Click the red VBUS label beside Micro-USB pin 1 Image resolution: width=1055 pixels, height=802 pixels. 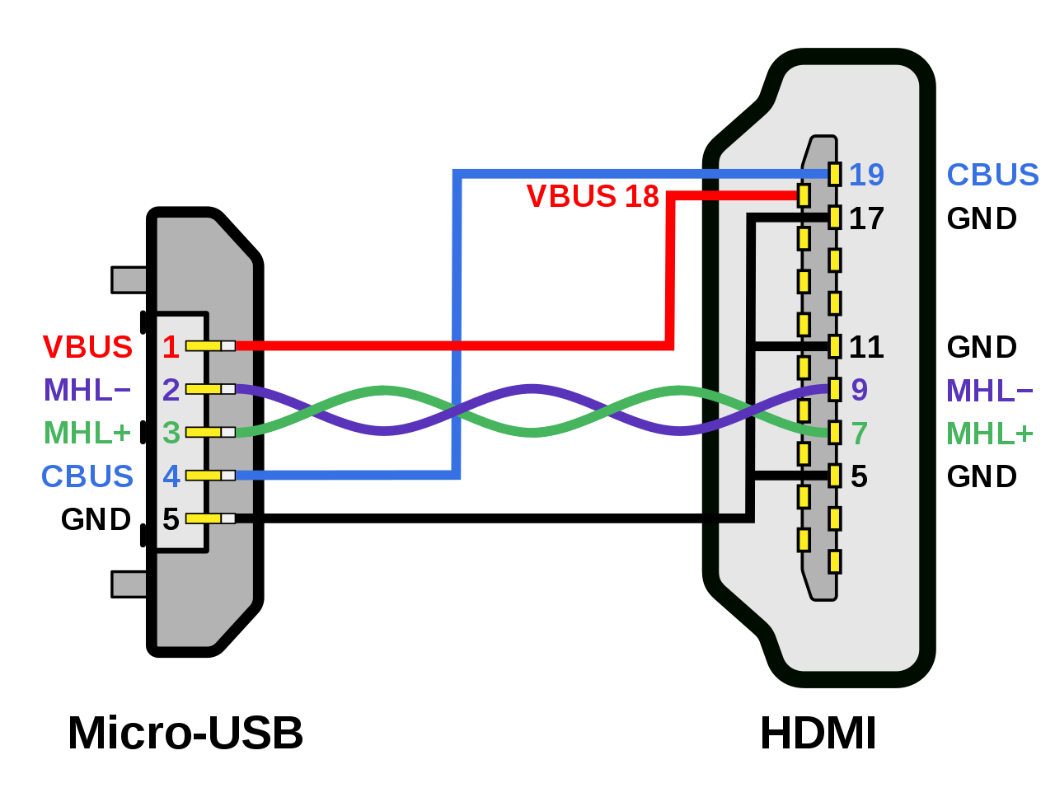click(87, 347)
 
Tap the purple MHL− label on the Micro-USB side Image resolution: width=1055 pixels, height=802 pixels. click(87, 390)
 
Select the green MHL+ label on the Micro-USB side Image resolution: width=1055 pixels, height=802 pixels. click(87, 433)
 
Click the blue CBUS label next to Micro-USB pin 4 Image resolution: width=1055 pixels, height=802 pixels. click(87, 476)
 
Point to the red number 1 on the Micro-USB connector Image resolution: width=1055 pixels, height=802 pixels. click(171, 347)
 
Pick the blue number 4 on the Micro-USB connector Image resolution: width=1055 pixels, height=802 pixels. click(171, 476)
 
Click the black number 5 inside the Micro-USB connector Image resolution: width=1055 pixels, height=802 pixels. click(171, 519)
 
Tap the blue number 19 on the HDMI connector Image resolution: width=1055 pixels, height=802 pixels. click(866, 175)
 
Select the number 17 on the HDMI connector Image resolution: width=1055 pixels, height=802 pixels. click(866, 218)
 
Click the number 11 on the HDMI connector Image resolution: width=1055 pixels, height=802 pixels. click(866, 347)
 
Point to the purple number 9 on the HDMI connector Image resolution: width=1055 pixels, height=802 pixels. click(859, 390)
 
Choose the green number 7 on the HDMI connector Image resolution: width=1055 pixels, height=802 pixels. click(859, 433)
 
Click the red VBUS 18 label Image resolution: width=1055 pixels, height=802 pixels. click(593, 196)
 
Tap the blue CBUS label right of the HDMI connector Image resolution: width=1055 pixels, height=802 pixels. click(992, 175)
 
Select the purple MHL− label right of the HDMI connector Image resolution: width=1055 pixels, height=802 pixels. click(989, 390)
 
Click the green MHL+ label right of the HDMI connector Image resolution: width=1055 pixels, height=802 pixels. click(989, 433)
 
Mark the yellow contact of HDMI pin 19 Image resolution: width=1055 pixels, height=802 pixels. click(835, 174)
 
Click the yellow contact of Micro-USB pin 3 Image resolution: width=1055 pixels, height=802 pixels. click(203, 432)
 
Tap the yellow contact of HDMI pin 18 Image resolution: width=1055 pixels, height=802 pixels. click(804, 195)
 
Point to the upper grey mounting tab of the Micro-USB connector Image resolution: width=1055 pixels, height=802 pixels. click(129, 280)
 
